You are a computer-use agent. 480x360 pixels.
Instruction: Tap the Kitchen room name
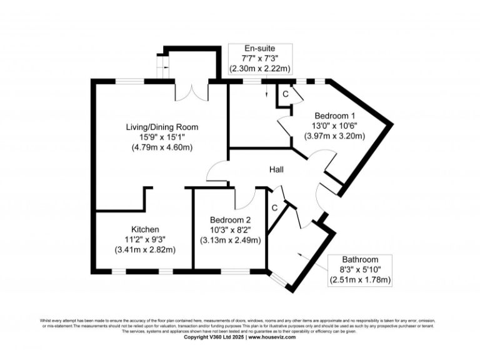pyautogui.click(x=144, y=229)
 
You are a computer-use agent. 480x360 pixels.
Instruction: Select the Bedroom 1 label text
pyautogui.click(x=334, y=116)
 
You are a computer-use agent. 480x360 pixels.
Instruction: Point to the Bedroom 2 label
pyautogui.click(x=230, y=219)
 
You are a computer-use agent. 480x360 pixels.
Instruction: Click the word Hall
pyautogui.click(x=278, y=169)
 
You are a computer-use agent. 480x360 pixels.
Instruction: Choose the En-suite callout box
pyautogui.click(x=261, y=58)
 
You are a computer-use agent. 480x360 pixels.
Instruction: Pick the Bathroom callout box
pyautogui.click(x=360, y=270)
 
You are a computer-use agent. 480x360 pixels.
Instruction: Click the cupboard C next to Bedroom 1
pyautogui.click(x=285, y=94)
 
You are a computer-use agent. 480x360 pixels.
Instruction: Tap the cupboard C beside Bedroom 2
pyautogui.click(x=274, y=207)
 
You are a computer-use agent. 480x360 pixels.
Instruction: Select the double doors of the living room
pyautogui.click(x=191, y=91)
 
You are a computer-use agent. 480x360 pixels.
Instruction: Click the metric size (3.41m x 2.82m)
pyautogui.click(x=144, y=249)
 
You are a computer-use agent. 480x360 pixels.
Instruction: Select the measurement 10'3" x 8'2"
pyautogui.click(x=230, y=229)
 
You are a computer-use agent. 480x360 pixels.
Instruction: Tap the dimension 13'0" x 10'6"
pyautogui.click(x=334, y=126)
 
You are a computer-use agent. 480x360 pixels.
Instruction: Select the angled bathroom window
pyautogui.click(x=277, y=279)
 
